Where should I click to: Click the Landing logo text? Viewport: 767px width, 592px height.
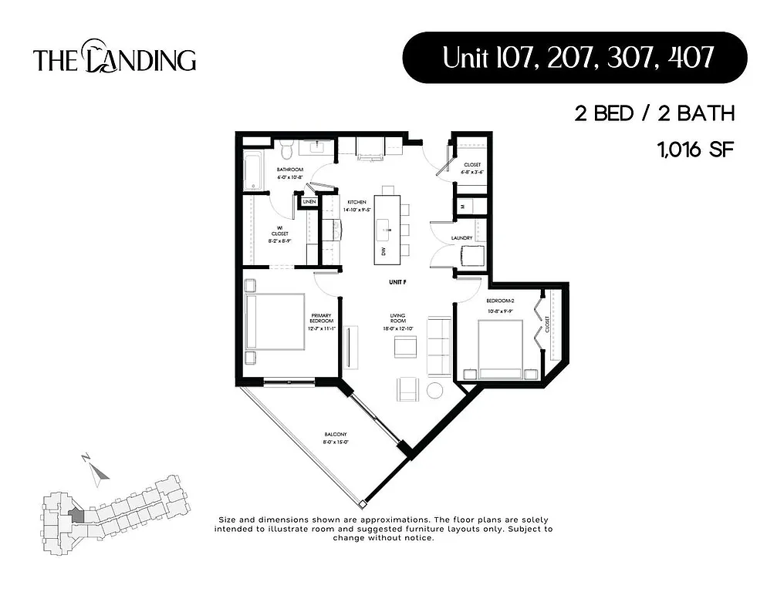pos(114,59)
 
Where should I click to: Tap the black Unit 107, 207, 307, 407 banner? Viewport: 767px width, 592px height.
pos(574,58)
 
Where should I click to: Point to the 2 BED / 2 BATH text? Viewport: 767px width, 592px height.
pos(653,114)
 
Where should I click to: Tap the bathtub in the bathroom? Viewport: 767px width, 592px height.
pos(250,171)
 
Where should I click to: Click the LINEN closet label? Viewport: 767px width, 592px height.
pos(309,202)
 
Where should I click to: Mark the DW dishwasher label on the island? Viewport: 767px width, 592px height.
pos(383,251)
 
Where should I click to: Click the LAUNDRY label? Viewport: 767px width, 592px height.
pos(462,238)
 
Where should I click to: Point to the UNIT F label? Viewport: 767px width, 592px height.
pos(398,283)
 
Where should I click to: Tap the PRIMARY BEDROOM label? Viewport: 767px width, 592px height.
pos(321,318)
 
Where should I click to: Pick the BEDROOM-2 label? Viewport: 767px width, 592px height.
pos(499,301)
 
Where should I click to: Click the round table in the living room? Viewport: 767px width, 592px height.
pos(435,391)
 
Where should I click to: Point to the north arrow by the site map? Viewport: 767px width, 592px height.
pos(95,473)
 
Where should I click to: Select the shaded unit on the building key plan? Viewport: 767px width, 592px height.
pos(76,514)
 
